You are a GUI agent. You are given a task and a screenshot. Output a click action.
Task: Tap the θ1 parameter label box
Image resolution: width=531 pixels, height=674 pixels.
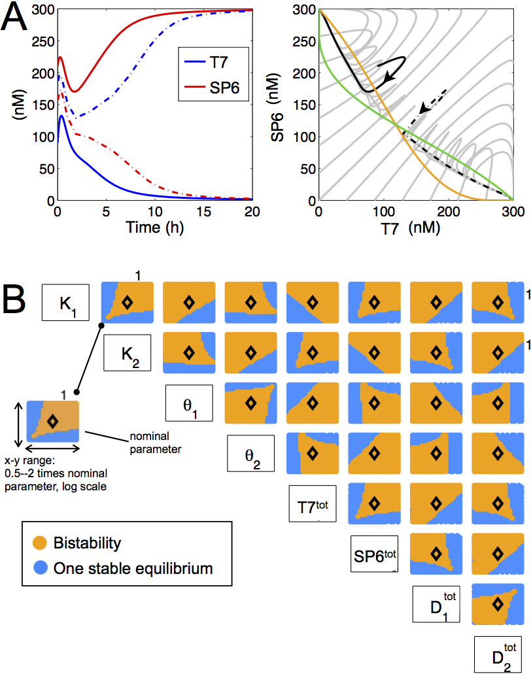click(x=189, y=403)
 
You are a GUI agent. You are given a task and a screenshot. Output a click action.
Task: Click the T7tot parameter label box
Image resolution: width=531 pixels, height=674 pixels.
click(x=313, y=503)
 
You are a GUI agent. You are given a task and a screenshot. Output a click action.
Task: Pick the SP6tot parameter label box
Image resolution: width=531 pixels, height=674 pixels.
click(x=375, y=553)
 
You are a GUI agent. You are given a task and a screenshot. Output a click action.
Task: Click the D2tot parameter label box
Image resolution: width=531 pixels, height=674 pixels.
click(x=498, y=654)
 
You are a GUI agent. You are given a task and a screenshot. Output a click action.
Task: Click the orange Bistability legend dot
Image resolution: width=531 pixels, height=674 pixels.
click(x=40, y=543)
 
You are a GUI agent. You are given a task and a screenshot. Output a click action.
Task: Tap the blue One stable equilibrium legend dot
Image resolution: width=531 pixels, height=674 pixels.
click(x=40, y=568)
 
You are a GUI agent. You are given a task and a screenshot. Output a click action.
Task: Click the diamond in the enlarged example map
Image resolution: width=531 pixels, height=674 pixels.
click(x=53, y=422)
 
